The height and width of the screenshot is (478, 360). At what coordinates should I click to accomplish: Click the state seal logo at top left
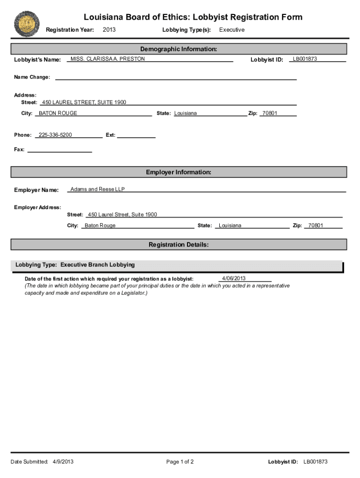(27, 23)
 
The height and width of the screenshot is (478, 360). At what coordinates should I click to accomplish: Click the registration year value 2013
(109, 30)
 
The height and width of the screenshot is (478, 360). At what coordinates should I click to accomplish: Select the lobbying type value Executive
(232, 30)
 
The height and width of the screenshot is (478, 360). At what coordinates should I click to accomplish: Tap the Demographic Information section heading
(179, 49)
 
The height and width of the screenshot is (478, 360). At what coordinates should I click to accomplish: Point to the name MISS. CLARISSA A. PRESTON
(108, 59)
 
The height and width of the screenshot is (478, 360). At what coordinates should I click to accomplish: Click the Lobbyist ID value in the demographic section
(305, 59)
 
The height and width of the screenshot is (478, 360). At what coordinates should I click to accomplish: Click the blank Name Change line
(176, 77)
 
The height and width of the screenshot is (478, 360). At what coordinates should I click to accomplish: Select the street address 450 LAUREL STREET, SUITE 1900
(84, 102)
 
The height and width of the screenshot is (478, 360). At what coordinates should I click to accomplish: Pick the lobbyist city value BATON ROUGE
(58, 113)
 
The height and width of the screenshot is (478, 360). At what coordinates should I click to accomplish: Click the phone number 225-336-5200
(55, 135)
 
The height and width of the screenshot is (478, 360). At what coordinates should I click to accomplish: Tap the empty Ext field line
(136, 135)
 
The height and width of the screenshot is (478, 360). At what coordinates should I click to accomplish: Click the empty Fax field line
(60, 150)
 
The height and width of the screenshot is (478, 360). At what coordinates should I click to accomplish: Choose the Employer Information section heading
(179, 172)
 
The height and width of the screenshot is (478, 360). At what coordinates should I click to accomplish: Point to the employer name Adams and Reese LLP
(98, 190)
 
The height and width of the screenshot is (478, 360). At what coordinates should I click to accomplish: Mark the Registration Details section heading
(179, 245)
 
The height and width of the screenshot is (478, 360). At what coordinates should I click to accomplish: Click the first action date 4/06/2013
(234, 279)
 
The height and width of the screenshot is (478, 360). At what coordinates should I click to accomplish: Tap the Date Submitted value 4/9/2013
(63, 462)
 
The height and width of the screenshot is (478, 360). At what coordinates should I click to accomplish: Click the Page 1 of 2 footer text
(180, 462)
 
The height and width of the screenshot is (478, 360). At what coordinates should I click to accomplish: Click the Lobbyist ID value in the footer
(316, 462)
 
